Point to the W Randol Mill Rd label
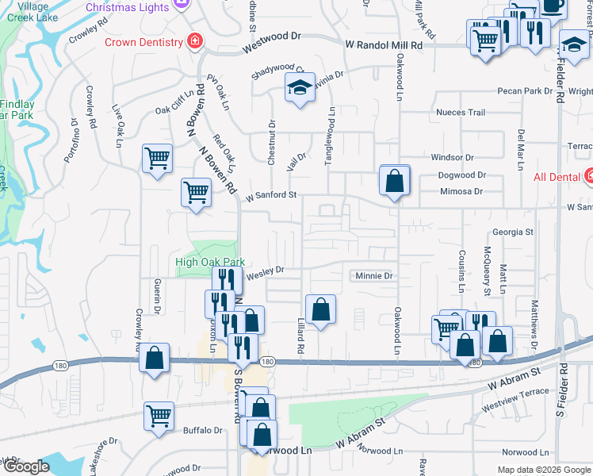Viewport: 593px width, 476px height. [384, 46]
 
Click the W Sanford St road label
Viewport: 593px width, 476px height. [270, 194]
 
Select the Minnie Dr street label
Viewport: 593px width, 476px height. [373, 276]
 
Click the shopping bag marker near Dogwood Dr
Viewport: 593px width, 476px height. [394, 181]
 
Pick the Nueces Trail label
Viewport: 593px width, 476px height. [460, 113]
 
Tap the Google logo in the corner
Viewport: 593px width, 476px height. [25, 467]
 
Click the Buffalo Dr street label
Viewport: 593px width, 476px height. [202, 431]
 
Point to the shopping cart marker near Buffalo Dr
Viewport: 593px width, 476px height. [159, 416]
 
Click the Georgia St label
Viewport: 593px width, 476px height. [512, 232]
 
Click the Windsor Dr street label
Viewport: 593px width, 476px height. [452, 158]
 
